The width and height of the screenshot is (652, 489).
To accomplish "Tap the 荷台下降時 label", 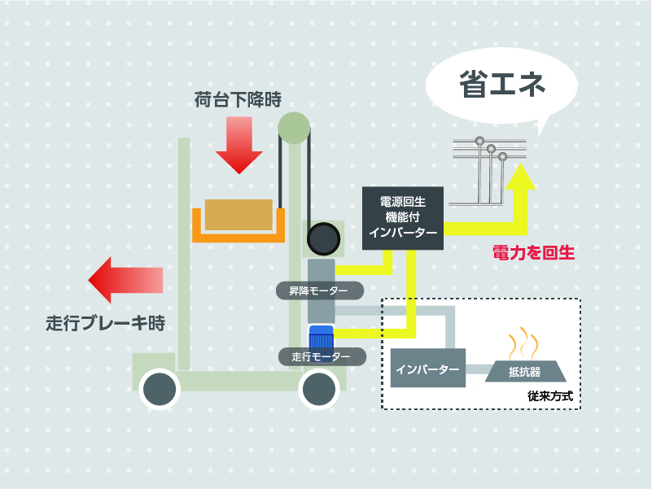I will point(238,100).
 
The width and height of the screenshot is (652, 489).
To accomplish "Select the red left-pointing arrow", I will point(125,280).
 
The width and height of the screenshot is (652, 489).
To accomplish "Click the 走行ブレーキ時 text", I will point(105,322).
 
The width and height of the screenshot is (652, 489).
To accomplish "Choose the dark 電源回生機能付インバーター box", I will point(402,217).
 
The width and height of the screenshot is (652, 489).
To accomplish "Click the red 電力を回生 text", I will point(534,253).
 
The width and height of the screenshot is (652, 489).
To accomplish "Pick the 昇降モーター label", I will point(317,290).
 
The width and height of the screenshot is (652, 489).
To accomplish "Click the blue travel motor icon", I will point(321,338).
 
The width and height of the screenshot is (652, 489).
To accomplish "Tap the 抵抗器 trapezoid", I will point(525,371).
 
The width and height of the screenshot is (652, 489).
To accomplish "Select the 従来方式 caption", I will point(550,397).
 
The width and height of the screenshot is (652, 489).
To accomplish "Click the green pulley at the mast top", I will point(294,128).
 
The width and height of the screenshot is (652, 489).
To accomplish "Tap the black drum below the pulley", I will point(322,238).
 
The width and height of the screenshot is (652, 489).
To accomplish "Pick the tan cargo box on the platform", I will point(238,215).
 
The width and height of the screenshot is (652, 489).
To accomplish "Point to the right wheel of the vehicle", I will point(319,390).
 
